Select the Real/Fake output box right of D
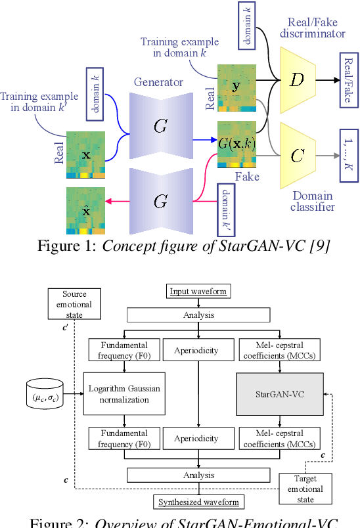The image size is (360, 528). pos(346,81)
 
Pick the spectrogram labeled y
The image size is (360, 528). pos(236,86)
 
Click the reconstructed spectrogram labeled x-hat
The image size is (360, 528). pos(85,211)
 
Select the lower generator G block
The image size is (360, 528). pos(160,201)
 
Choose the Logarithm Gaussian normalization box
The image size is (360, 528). pos(124,394)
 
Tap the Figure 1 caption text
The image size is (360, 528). pos(179,248)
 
